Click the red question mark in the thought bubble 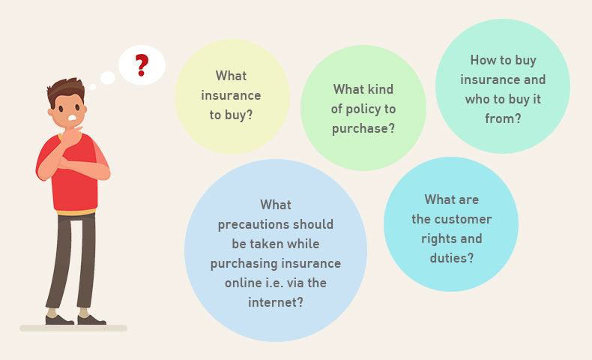[x=142, y=65]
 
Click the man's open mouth [x=72, y=118]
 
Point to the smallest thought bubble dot [x=92, y=87]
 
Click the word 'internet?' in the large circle [x=276, y=302]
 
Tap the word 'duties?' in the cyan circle [x=452, y=258]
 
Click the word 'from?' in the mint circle [x=503, y=118]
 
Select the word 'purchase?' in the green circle [x=363, y=129]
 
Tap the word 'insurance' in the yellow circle [x=231, y=95]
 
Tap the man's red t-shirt [x=76, y=178]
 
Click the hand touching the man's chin [x=71, y=136]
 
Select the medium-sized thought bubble [x=108, y=78]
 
